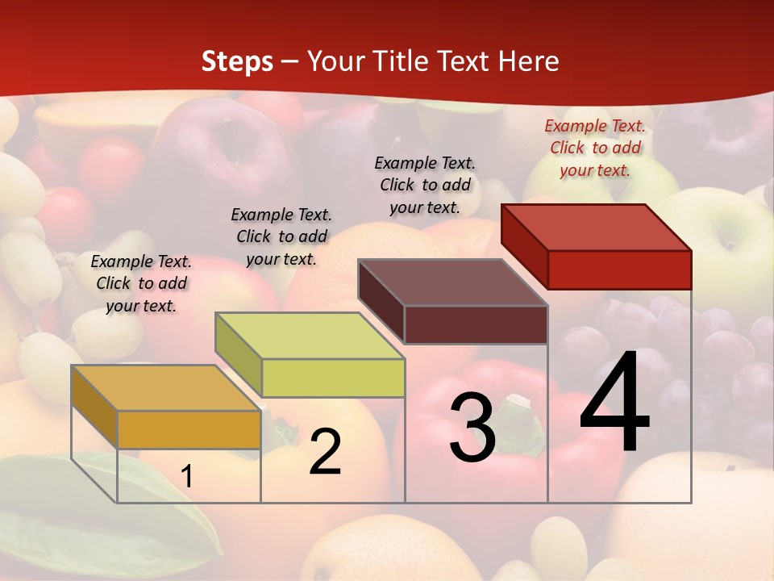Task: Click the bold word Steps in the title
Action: tap(237, 61)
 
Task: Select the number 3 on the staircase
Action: tap(472, 427)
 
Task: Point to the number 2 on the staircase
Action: tap(325, 452)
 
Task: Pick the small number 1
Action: tap(187, 477)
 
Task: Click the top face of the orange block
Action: tap(165, 388)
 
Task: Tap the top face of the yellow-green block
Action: tap(310, 336)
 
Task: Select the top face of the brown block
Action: tap(453, 282)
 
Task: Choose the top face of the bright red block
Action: tap(597, 228)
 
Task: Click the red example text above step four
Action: tap(595, 148)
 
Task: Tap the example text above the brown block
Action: tap(425, 185)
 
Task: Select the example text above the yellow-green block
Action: tap(281, 236)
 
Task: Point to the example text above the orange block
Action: tap(141, 283)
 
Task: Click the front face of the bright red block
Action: tap(619, 270)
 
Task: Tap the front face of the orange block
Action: tap(189, 429)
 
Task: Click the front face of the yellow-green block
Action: tap(333, 378)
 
